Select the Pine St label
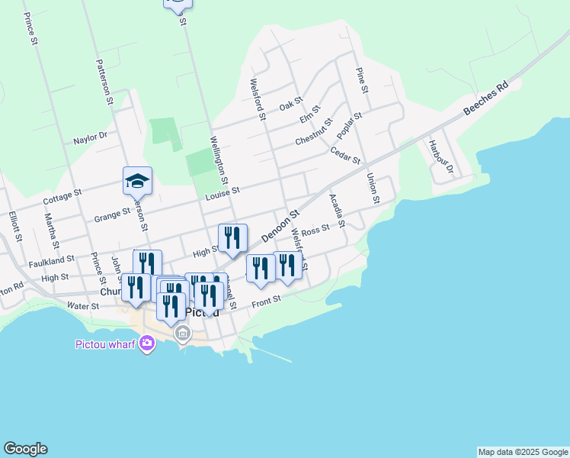click(x=362, y=81)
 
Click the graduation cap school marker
click(x=137, y=181)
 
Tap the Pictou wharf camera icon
click(x=146, y=344)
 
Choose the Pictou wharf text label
click(x=105, y=344)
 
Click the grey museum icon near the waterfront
click(x=183, y=334)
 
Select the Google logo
click(x=25, y=449)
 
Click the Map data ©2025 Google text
click(x=523, y=452)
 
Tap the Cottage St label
click(x=62, y=196)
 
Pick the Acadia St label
click(x=337, y=210)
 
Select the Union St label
click(x=373, y=189)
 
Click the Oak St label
click(x=291, y=105)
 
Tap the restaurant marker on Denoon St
click(x=233, y=238)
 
